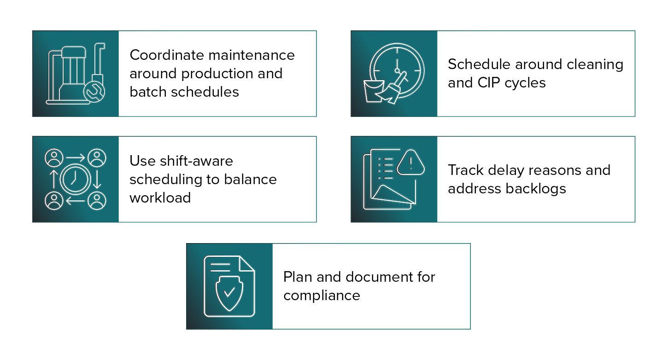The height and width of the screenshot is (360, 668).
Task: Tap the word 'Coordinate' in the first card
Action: pos(167,55)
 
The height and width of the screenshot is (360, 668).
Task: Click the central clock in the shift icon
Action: pos(75,179)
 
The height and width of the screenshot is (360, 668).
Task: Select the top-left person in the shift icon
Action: pos(54,158)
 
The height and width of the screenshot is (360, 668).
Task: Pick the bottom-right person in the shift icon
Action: pos(97,201)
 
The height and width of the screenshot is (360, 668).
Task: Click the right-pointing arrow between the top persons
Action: pos(75,158)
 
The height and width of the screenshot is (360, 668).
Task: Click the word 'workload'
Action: pos(160,197)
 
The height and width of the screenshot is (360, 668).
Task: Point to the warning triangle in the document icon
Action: pos(410,163)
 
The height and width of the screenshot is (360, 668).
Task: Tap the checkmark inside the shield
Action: pos(229,292)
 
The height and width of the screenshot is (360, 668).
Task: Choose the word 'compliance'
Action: pos(322,295)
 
